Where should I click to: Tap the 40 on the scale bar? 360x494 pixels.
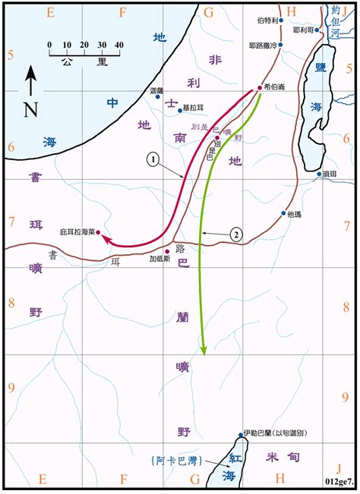click(x=118, y=45)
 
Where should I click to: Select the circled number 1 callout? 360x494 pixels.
click(x=153, y=160)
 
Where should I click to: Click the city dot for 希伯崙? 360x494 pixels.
click(x=259, y=88)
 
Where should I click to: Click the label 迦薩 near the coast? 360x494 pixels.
click(x=158, y=93)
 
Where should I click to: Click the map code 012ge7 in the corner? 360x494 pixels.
click(x=339, y=480)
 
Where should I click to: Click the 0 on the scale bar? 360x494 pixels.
click(x=49, y=45)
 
